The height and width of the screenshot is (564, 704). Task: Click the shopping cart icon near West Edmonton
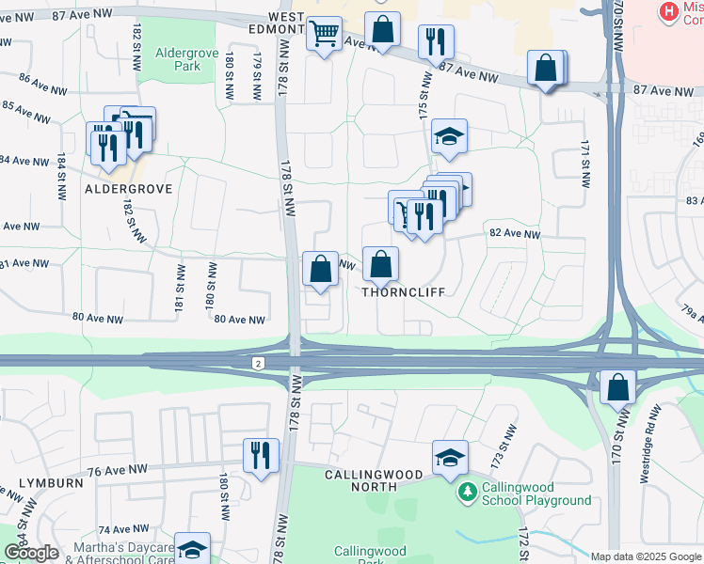click(325, 35)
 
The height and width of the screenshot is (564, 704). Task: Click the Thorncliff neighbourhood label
click(403, 291)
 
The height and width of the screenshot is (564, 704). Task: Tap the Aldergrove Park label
click(179, 59)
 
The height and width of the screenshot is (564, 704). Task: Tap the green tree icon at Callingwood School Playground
click(466, 492)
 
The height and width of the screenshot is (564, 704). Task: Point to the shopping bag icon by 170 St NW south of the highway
click(617, 387)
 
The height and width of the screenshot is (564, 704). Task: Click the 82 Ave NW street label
click(514, 234)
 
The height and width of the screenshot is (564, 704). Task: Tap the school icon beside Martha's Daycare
click(193, 550)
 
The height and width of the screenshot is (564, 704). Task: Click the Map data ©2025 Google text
click(645, 556)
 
